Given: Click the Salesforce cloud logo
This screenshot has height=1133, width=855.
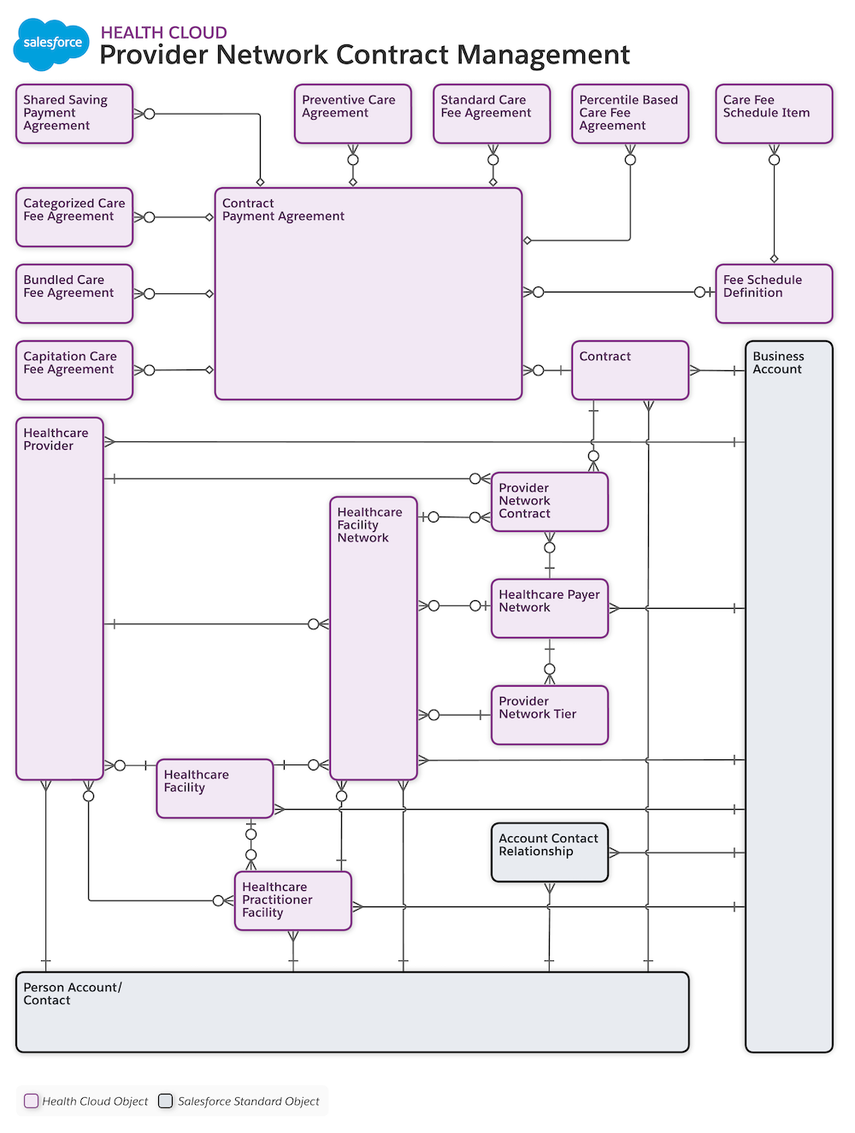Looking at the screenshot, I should click(51, 43).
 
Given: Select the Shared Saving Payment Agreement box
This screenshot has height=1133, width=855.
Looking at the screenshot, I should click(74, 114).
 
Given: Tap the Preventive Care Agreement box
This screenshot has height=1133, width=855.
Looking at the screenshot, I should click(352, 114).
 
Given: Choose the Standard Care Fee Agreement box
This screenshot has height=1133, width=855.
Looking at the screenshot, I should click(492, 114).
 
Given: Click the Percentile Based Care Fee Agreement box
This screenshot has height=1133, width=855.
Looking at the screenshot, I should click(630, 114).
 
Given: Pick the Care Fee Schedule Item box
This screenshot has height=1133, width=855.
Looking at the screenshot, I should click(774, 114).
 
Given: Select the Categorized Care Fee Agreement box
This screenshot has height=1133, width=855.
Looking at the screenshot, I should click(74, 217).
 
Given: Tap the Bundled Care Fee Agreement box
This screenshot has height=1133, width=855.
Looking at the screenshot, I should click(74, 293).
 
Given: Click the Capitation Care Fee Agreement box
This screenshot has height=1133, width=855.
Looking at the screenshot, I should click(74, 370).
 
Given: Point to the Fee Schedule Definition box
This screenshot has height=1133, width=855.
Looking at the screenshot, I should click(774, 293).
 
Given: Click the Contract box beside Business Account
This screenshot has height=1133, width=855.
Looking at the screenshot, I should click(630, 370).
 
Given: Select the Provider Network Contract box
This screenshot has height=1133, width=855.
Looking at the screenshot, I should click(550, 502).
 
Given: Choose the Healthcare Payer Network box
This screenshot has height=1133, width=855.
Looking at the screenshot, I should click(550, 608).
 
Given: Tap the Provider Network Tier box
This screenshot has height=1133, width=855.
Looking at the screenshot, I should click(550, 715).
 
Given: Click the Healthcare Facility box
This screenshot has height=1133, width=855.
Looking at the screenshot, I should click(215, 788).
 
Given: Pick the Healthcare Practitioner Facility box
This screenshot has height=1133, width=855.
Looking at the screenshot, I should click(293, 900).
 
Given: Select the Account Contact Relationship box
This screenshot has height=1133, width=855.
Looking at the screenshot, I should click(550, 853).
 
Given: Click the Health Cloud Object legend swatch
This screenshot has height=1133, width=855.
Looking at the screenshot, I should click(32, 1101).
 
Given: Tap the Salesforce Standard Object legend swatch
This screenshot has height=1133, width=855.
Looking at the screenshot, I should click(166, 1101).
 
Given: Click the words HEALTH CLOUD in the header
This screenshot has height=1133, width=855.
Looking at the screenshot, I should click(163, 32).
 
